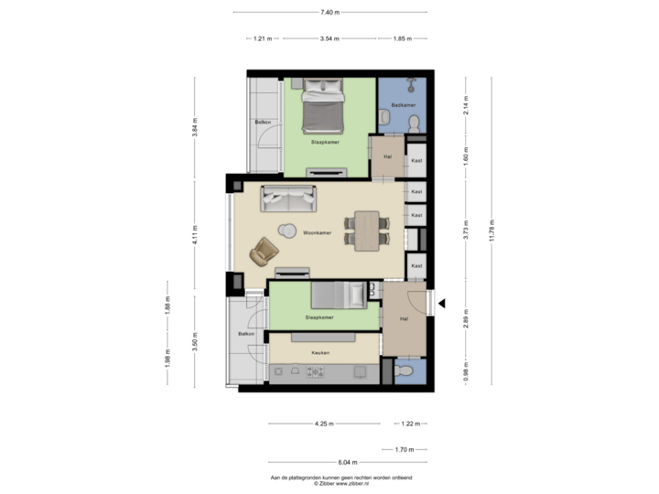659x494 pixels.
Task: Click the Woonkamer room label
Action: [x=317, y=234]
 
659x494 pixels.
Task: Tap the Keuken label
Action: [x=320, y=352]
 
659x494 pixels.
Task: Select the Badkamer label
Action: [x=404, y=105]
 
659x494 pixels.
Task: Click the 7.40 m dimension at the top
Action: [x=329, y=13]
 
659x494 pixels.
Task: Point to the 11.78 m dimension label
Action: [x=492, y=231]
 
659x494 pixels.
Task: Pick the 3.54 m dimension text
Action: [x=329, y=39]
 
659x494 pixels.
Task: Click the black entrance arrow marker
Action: [x=441, y=303]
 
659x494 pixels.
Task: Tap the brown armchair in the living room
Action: [x=265, y=249]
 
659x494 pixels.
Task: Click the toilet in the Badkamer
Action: [x=414, y=122]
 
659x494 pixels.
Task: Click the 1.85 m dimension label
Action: [x=401, y=39]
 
